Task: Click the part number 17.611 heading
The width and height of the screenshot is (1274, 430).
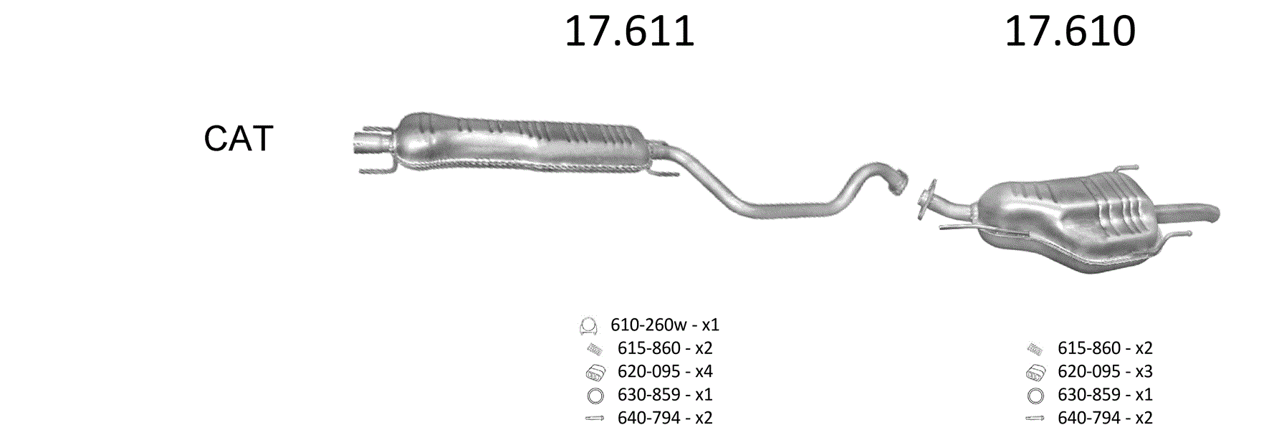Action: [629, 32]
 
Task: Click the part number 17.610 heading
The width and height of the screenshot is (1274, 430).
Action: [1070, 32]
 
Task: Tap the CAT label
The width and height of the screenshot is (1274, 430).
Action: [239, 138]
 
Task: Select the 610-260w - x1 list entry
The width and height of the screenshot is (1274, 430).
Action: [664, 325]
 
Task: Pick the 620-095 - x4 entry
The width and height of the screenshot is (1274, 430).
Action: [665, 371]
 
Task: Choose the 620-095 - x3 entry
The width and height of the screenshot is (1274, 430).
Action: [1105, 371]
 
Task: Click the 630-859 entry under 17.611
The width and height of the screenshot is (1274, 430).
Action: [665, 394]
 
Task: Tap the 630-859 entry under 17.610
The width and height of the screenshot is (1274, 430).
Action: [1105, 394]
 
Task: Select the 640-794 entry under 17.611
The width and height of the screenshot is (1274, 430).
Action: [665, 417]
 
